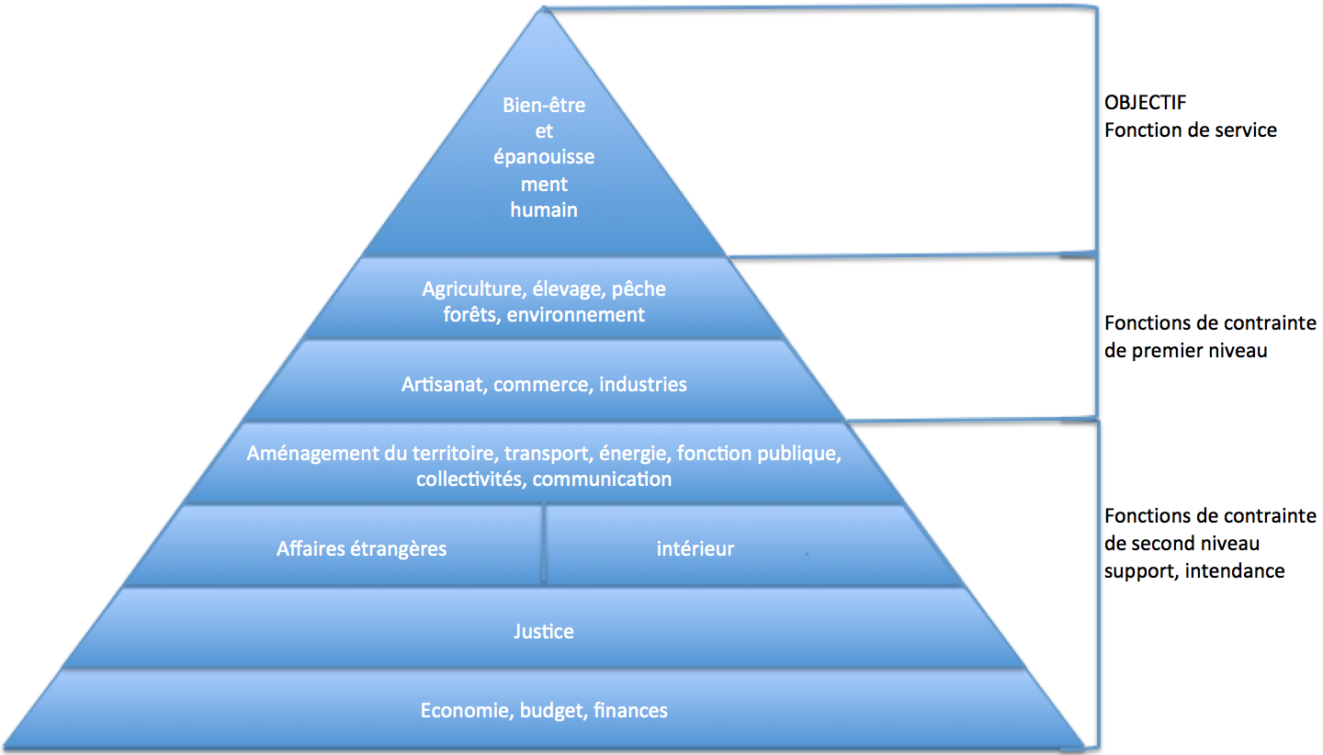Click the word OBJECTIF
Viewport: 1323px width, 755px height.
1145,103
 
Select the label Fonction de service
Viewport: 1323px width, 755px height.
1190,130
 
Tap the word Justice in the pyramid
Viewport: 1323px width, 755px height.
543,632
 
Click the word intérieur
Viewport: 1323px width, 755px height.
695,549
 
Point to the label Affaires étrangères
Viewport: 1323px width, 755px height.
361,549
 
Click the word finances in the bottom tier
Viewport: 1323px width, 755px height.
630,710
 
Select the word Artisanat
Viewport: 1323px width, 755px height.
444,384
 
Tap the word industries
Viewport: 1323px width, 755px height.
642,384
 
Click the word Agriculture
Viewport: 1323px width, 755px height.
472,289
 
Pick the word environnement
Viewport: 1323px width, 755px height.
575,315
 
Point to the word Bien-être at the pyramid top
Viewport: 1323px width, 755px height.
544,105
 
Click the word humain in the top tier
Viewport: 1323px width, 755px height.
544,210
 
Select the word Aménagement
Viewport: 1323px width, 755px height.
313,454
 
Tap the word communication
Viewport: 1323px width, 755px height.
602,479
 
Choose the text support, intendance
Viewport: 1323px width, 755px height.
1194,570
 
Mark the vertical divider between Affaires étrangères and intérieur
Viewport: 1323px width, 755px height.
543,545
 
